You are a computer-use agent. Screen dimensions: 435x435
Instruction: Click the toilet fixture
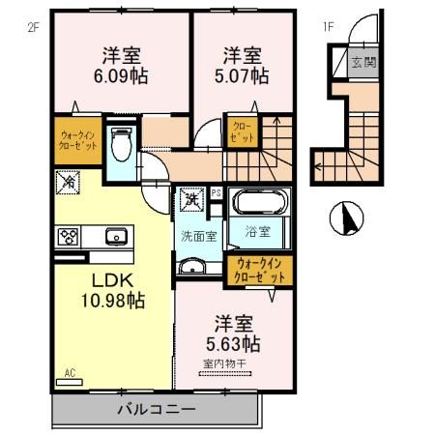[121, 145]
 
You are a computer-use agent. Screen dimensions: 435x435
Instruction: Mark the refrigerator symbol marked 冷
[70, 181]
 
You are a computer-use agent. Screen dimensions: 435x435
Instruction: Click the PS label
[217, 192]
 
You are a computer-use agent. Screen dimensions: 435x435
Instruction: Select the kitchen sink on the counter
[117, 235]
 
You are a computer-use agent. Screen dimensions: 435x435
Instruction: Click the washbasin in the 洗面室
[191, 268]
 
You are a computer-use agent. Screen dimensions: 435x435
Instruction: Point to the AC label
[70, 371]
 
